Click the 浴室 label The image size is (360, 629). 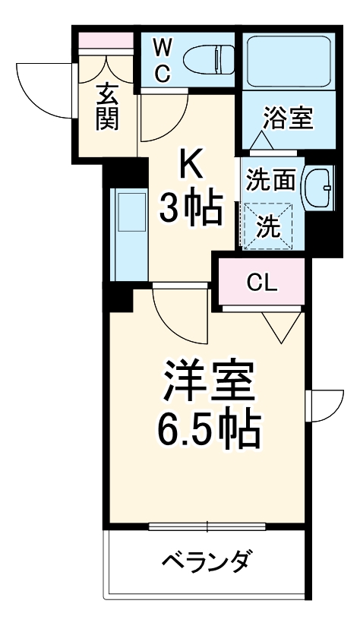click(287, 119)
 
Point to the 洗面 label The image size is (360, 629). click(270, 181)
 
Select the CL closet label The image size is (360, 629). click(263, 283)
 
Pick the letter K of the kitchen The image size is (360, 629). click(191, 161)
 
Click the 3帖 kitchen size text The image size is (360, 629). click(191, 206)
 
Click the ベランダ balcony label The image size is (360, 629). click(206, 563)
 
